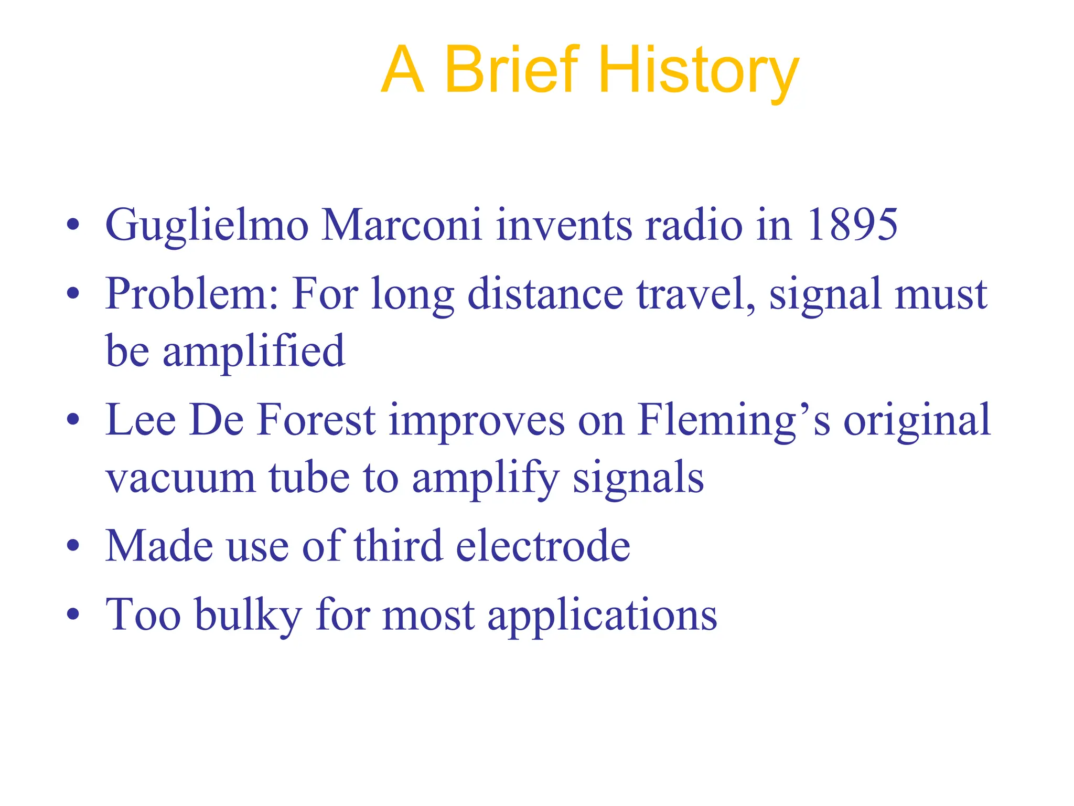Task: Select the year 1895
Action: pyautogui.click(x=852, y=225)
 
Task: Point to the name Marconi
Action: pyautogui.click(x=401, y=225)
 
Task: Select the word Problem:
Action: pyautogui.click(x=192, y=294)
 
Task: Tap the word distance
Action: pyautogui.click(x=545, y=294)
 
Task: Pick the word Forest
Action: pyautogui.click(x=317, y=420)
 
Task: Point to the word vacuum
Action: pyautogui.click(x=180, y=478)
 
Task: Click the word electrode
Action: pyautogui.click(x=543, y=546)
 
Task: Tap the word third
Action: pyautogui.click(x=399, y=546)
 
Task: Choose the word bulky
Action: pyautogui.click(x=249, y=615)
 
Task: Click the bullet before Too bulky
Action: pyautogui.click(x=73, y=613)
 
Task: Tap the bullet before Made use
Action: pyautogui.click(x=73, y=545)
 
